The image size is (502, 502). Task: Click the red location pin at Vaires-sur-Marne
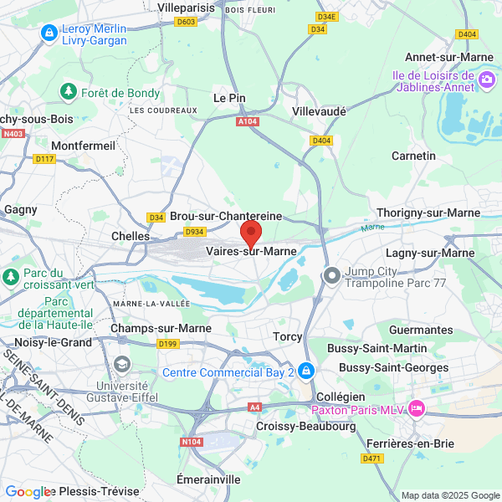tap(251, 233)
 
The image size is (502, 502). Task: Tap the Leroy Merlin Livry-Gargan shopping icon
tap(49, 33)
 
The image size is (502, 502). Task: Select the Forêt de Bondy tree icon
tap(67, 91)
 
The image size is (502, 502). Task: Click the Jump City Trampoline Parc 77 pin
tap(332, 274)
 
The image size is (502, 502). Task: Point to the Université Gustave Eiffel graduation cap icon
tap(123, 364)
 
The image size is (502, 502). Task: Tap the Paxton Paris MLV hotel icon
tap(416, 409)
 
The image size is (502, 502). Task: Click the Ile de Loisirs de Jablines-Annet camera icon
tap(487, 80)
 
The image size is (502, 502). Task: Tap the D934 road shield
tap(195, 232)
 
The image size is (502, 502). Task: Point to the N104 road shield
tap(192, 441)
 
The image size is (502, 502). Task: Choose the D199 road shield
tap(168, 343)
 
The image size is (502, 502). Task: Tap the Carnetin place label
tap(414, 156)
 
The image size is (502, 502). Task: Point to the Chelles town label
tap(131, 236)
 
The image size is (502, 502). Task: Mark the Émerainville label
tap(208, 479)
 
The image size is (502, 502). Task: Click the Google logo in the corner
tap(28, 492)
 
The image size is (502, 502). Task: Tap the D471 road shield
tap(371, 458)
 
